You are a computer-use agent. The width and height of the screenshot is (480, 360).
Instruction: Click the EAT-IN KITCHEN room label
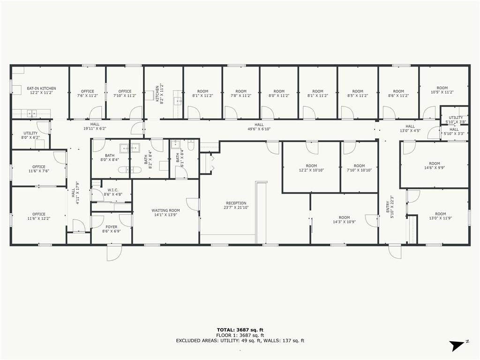tap(41, 90)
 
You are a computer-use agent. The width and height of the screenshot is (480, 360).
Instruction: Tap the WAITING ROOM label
tap(165, 212)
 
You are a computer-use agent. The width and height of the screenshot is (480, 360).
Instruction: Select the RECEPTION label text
tap(236, 205)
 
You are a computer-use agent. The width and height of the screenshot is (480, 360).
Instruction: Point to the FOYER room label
tap(112, 229)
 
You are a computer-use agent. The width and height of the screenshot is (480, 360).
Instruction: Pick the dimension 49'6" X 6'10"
tap(259, 129)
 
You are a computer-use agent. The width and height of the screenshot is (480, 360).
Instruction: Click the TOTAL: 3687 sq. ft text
tap(240, 330)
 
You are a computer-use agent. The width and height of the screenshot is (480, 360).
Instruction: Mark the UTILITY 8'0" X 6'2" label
tap(30, 135)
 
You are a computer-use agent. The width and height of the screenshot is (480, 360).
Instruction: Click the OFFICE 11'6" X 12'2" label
tap(39, 217)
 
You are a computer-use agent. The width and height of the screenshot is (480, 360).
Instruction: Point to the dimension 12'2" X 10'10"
tap(311, 170)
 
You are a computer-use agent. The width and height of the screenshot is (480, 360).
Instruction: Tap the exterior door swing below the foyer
tap(114, 253)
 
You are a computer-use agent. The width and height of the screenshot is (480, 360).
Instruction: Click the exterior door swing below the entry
tap(395, 252)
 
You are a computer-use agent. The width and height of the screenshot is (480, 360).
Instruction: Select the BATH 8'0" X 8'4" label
tap(110, 157)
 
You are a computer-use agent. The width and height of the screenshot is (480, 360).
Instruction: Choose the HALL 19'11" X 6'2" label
tap(95, 127)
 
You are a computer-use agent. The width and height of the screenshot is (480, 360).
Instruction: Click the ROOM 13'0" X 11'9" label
tap(441, 216)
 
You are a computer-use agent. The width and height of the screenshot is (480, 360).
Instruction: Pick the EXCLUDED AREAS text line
tap(240, 340)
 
